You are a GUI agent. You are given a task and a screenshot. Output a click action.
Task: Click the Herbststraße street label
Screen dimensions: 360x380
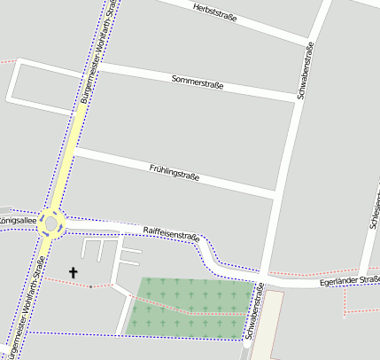214,11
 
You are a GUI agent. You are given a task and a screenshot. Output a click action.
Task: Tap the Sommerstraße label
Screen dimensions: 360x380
197,82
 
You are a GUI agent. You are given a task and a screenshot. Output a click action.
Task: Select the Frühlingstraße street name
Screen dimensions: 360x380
174,170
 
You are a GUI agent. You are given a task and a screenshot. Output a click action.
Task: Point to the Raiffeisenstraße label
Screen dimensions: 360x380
171,233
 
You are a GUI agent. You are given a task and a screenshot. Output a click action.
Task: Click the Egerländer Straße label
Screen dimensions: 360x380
349,281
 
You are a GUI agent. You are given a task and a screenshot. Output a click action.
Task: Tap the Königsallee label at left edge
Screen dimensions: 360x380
15,219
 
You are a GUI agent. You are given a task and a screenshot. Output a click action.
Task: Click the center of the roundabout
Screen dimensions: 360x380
50,222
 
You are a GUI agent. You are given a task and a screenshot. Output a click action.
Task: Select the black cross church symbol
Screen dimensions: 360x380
73,273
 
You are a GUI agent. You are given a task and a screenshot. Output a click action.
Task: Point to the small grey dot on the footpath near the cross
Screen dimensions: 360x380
90,286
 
